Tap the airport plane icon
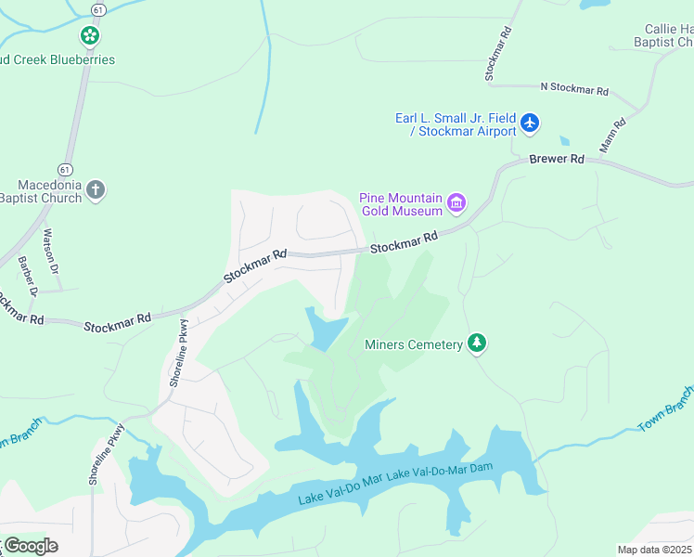coord(530,123)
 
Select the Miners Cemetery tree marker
coord(477,344)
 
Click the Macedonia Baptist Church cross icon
coord(96,191)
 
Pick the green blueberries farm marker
coord(90,37)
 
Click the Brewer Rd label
coord(557,160)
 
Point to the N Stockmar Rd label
coord(574,90)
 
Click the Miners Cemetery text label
coord(414,345)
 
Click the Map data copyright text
coord(655,550)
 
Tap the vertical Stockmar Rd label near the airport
coord(498,54)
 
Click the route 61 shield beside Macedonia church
coord(63,169)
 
